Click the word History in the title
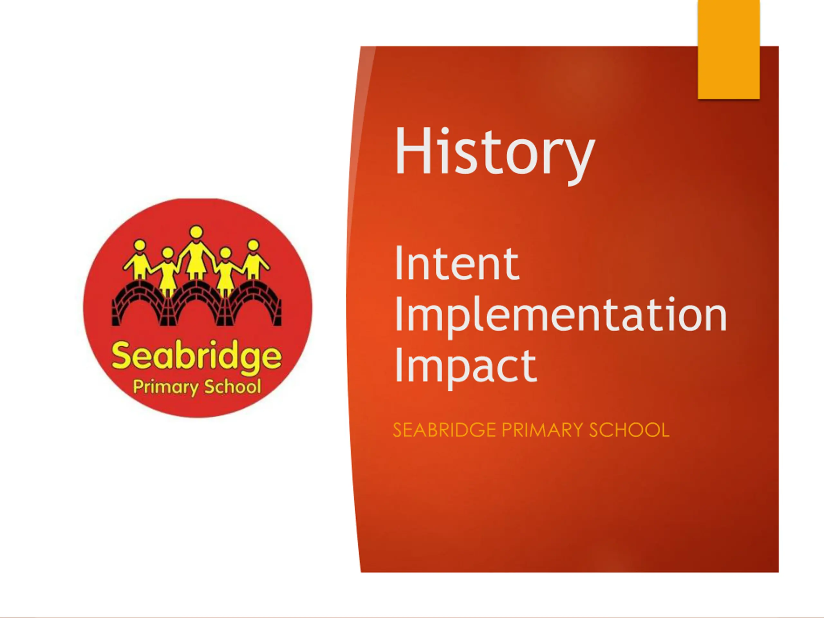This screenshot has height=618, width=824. [x=494, y=155]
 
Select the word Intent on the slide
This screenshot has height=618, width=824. [x=457, y=263]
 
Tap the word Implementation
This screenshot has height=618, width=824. [x=561, y=316]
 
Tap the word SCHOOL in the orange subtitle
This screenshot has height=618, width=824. [x=629, y=430]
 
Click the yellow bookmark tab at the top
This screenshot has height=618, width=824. [x=729, y=49]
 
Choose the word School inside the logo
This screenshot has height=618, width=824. [x=233, y=386]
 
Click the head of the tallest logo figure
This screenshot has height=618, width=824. [x=196, y=232]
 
